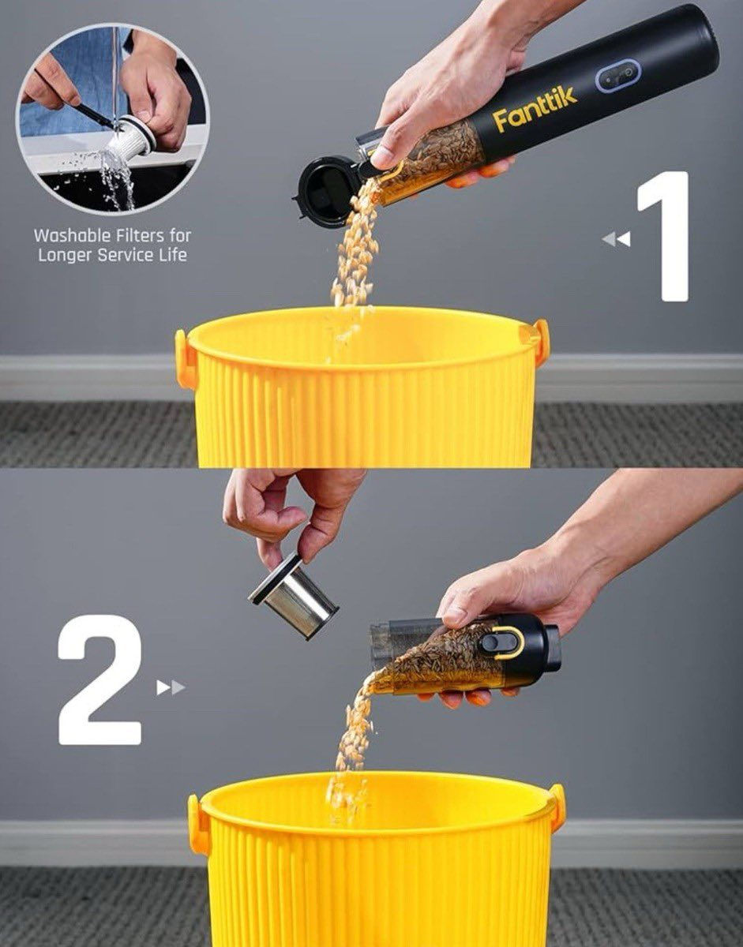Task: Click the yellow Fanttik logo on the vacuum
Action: coord(535,108)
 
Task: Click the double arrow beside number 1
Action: coord(616,239)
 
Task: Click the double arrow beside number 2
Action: coord(171,688)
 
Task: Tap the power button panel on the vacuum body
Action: coord(618,76)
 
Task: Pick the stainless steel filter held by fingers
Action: coord(293,595)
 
